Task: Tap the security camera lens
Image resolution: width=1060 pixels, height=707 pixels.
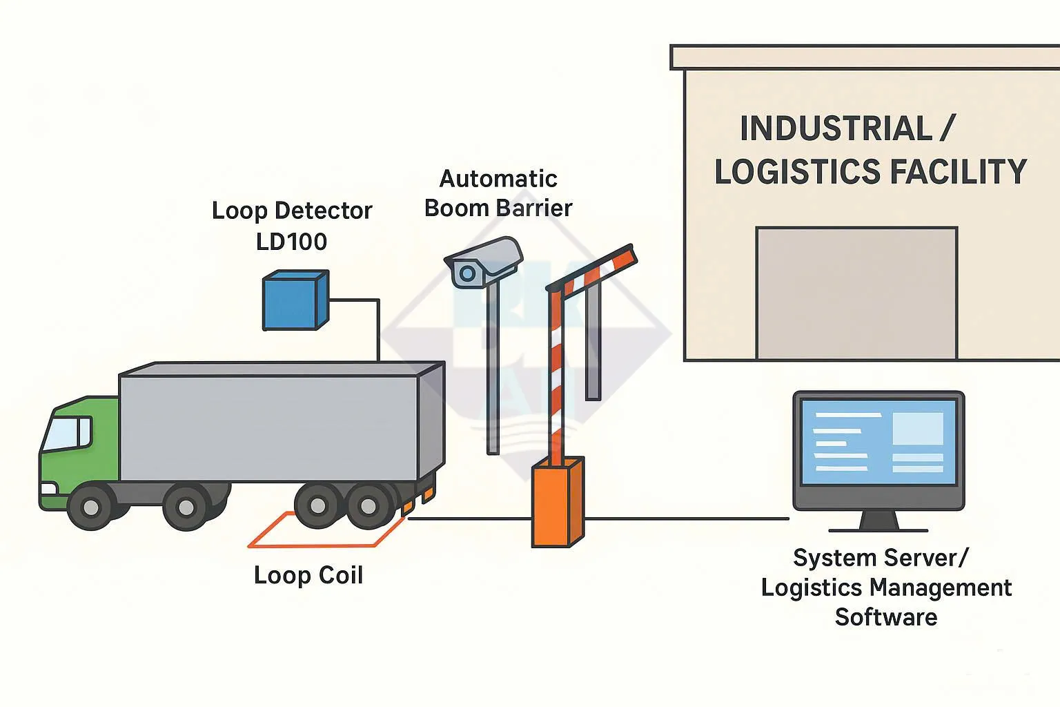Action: coord(467,273)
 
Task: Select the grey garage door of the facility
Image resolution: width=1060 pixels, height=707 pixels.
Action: coord(856,293)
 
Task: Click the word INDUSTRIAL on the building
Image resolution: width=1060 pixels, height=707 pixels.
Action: coord(836,129)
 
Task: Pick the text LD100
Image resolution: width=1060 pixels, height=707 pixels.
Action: coord(291,242)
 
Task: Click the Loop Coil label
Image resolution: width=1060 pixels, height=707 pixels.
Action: coord(308,575)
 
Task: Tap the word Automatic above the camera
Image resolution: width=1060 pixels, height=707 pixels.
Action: coord(498,179)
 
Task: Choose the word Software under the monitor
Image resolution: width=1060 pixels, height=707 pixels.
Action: coord(885,617)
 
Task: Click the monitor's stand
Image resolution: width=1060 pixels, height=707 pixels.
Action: coord(878,521)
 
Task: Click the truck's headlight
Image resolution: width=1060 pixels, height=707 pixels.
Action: coord(48,489)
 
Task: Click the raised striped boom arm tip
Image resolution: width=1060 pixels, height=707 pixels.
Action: coord(625,253)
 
